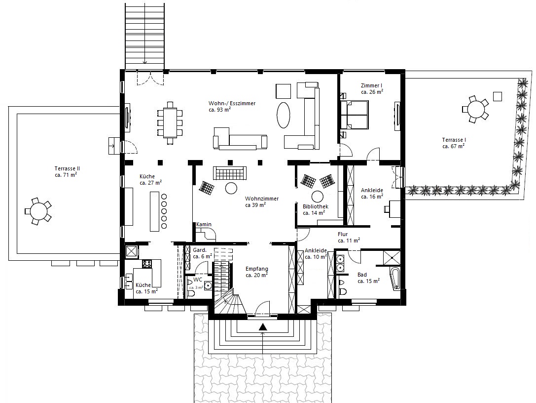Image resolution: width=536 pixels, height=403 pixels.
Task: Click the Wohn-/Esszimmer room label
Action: click(x=232, y=103)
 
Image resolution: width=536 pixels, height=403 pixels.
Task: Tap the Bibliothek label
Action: click(x=316, y=206)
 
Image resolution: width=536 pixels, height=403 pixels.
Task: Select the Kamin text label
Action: click(x=204, y=224)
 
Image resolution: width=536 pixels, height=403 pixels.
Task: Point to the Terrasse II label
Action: click(x=67, y=168)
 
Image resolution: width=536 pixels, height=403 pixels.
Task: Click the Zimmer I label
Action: click(x=372, y=85)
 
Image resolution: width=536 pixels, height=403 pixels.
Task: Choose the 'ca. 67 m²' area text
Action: click(x=453, y=146)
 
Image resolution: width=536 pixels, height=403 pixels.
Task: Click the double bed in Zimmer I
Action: click(x=355, y=115)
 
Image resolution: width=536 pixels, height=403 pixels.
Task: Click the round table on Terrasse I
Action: click(x=475, y=110)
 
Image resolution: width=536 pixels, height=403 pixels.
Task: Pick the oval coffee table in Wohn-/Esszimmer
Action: click(x=284, y=116)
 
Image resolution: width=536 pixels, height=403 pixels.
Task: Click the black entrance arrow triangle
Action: click(x=262, y=327)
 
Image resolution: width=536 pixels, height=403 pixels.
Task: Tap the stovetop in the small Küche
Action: click(x=147, y=264)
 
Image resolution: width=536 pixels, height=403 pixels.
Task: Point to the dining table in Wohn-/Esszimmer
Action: click(x=170, y=122)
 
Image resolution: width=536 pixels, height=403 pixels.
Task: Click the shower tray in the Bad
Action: click(x=391, y=258)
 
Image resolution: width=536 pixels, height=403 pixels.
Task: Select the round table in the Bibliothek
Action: click(x=317, y=197)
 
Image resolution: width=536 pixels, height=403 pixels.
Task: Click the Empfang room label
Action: click(x=257, y=269)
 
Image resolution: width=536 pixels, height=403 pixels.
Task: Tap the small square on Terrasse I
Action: click(x=498, y=96)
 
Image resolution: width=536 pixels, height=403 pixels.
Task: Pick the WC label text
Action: click(x=198, y=280)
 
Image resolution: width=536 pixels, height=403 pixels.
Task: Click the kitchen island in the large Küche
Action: click(x=154, y=211)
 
